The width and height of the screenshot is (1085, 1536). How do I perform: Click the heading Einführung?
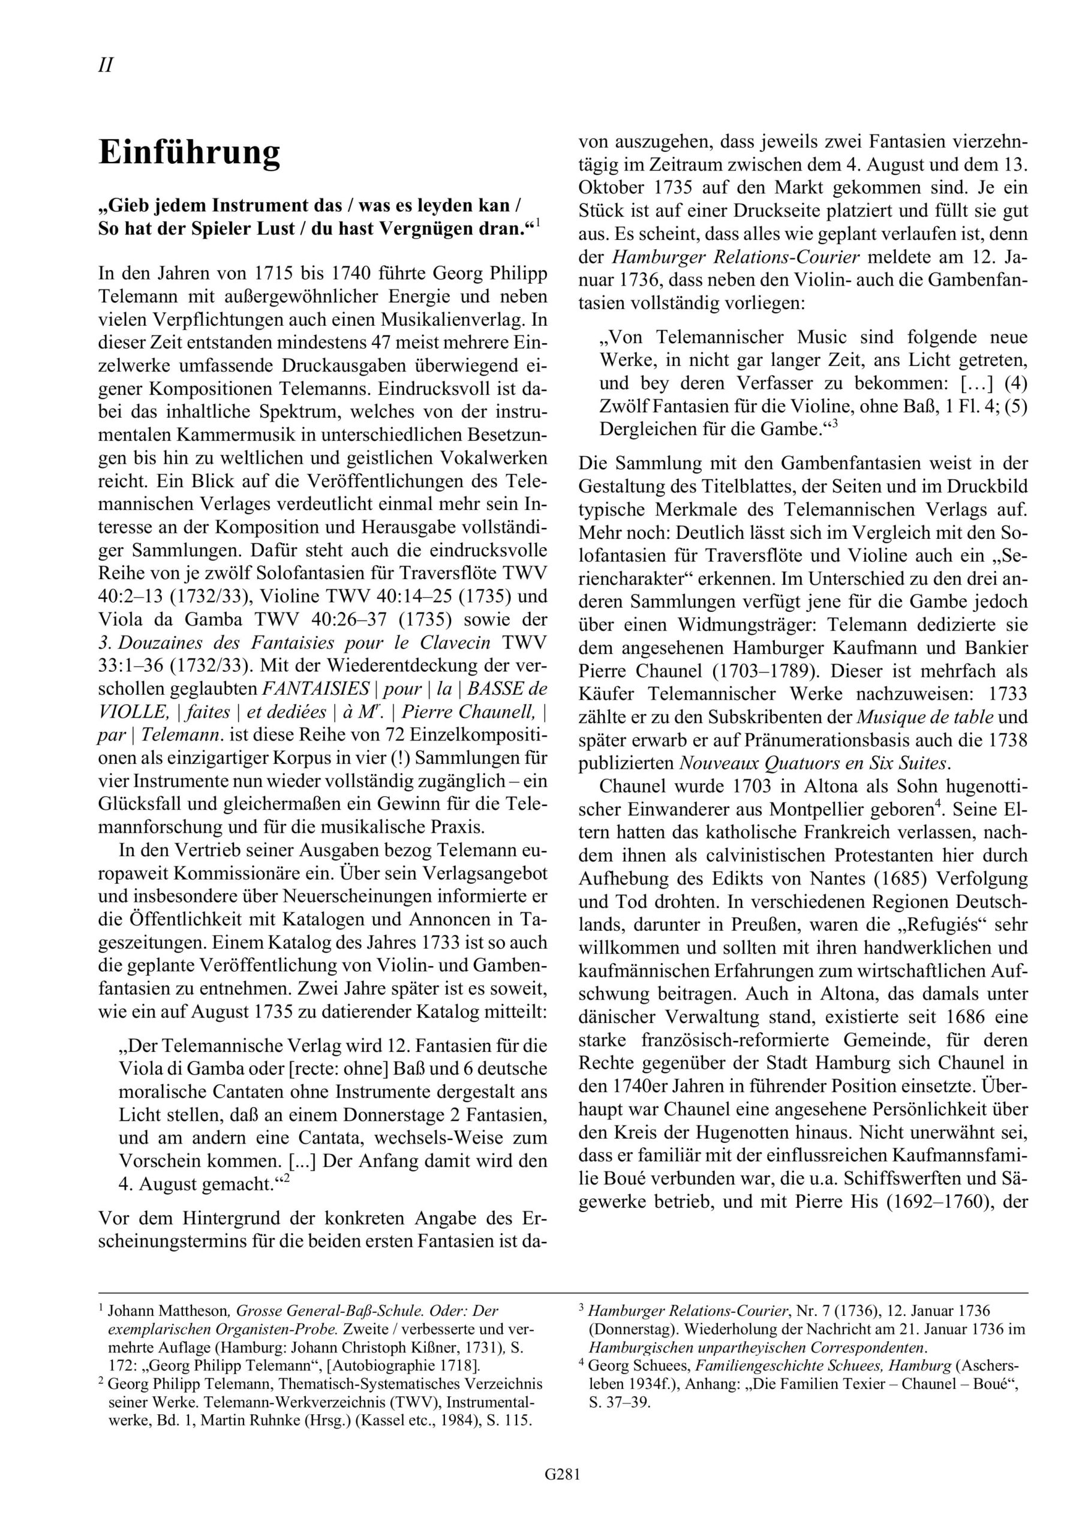pos(190,152)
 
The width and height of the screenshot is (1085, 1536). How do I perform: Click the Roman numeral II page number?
pos(106,65)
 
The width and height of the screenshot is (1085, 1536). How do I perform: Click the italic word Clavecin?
pos(451,642)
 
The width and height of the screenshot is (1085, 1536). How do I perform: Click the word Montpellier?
pos(826,809)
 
